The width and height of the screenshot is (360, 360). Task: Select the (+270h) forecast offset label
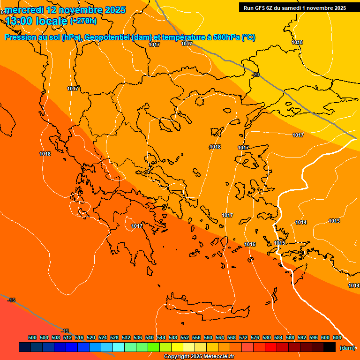coord(83,21)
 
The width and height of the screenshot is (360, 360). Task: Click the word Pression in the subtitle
coord(22,37)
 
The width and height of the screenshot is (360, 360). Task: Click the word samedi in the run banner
coord(292,7)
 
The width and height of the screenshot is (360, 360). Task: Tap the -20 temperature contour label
coord(255,75)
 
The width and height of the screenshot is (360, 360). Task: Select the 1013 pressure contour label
coord(334,221)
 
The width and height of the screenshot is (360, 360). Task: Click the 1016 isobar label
coord(250,244)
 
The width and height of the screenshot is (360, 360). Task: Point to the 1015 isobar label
coord(280,243)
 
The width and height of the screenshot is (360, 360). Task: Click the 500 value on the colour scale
coord(32,337)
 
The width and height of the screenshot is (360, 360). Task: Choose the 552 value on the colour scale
coord(185,337)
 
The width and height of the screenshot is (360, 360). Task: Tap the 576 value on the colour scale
coord(255,337)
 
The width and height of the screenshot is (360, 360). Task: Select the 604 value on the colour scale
coord(337,337)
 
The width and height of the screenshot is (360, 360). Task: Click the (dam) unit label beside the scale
coord(347,348)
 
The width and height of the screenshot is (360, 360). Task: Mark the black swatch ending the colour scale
coord(330,347)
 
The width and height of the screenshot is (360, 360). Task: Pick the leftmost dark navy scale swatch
coord(25,347)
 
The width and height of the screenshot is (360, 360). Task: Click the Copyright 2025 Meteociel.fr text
coord(199,356)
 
